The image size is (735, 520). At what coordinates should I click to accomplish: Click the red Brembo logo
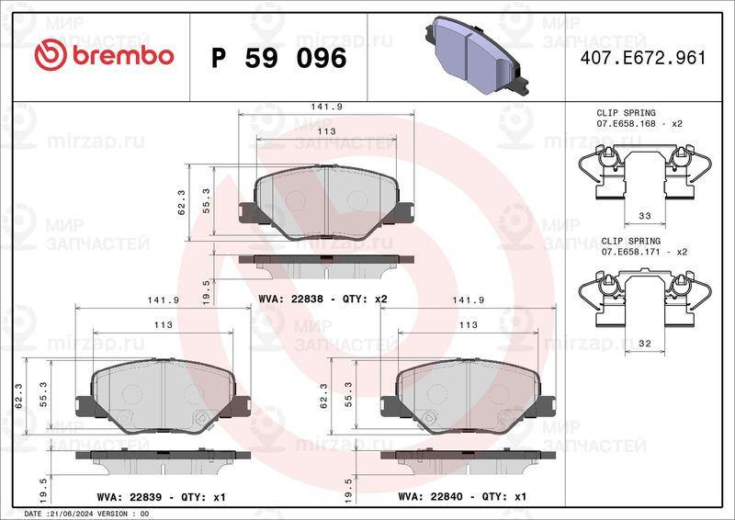(x=104, y=55)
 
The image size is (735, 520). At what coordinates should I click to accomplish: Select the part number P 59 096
(x=279, y=58)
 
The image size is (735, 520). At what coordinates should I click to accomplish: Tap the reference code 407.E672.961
(x=642, y=58)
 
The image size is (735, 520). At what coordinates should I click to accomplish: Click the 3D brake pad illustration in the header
(x=477, y=55)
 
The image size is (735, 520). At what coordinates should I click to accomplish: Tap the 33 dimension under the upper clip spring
(x=645, y=216)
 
